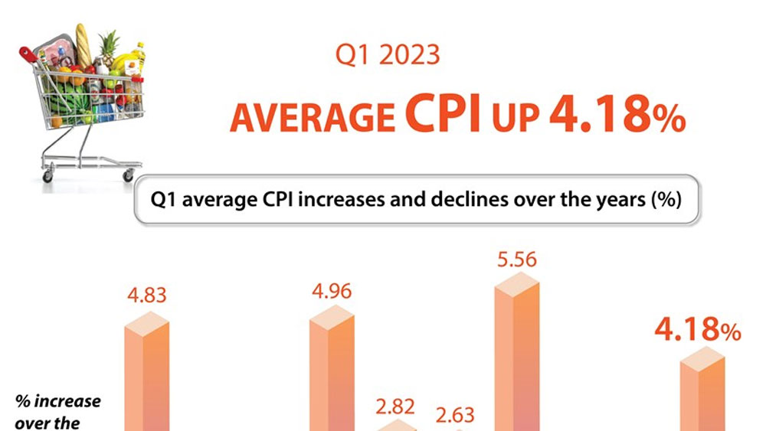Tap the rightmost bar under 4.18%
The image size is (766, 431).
tap(702, 390)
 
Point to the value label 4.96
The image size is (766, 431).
tap(332, 292)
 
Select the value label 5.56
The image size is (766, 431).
tap(517, 260)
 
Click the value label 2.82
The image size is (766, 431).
tap(394, 404)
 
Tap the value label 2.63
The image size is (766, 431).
tap(455, 415)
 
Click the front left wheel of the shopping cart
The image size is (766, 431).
tap(48, 176)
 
